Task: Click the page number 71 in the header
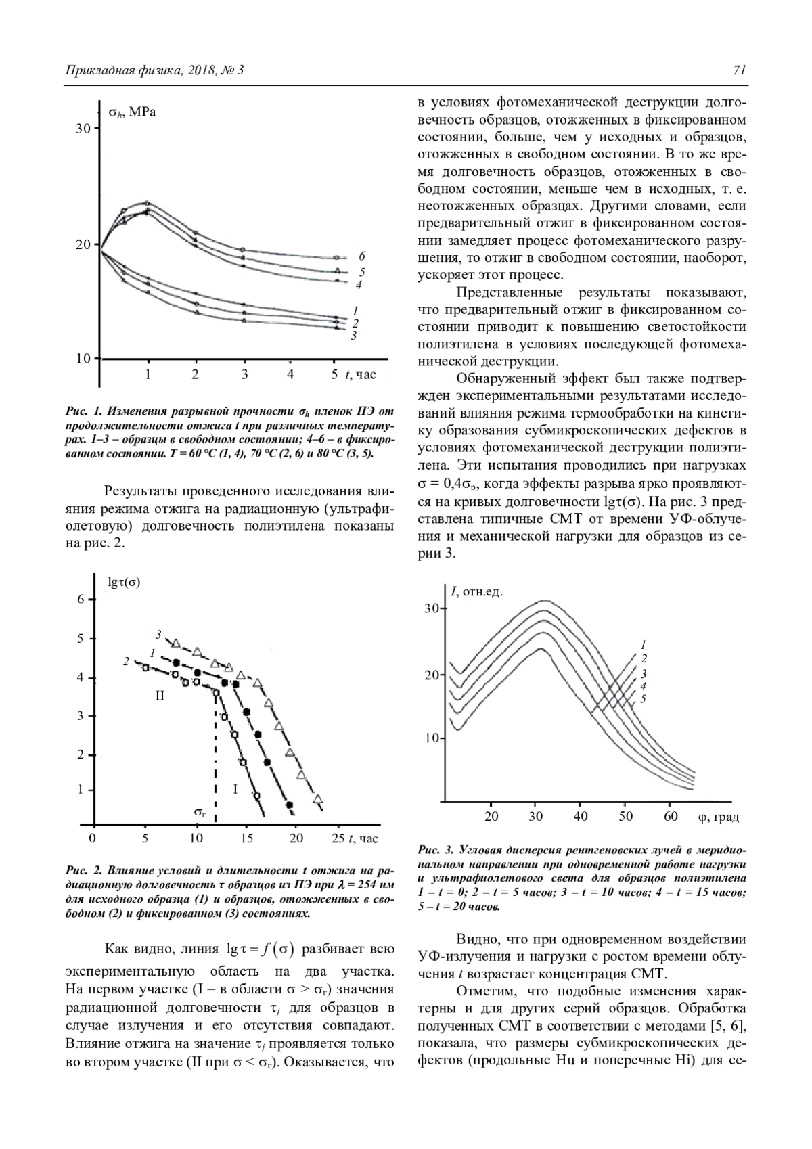(x=739, y=70)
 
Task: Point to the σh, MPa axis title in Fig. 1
(x=133, y=112)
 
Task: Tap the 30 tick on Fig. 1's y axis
(x=83, y=129)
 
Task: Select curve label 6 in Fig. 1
(x=362, y=256)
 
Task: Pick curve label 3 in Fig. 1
(x=353, y=335)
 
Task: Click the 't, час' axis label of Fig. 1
(x=361, y=374)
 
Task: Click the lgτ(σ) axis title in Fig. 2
(x=125, y=581)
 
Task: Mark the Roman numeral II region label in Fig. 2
(x=160, y=695)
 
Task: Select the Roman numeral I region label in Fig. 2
(x=235, y=788)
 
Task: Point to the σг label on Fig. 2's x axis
(x=200, y=811)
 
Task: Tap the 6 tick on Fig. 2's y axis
(x=81, y=600)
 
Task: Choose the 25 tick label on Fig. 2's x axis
(x=338, y=839)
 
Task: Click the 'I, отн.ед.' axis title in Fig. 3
(x=477, y=593)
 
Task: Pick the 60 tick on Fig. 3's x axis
(x=670, y=817)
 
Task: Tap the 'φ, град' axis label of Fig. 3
(x=718, y=817)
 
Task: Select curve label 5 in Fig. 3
(x=643, y=699)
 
